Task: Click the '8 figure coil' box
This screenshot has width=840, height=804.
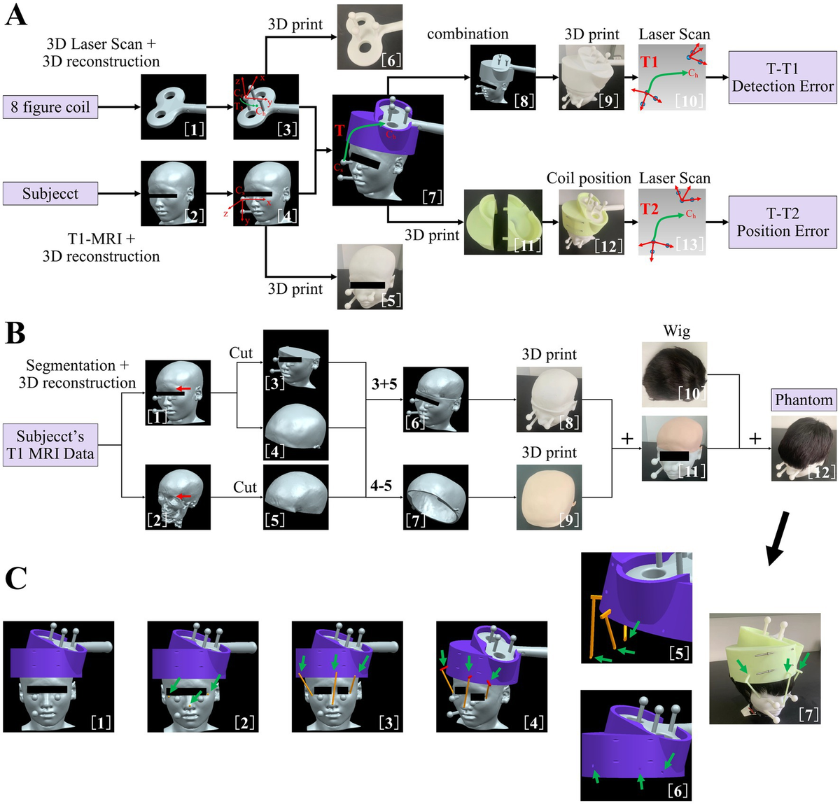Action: [50, 107]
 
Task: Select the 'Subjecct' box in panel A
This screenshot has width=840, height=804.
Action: [50, 194]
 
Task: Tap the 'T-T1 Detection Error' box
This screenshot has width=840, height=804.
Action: [783, 78]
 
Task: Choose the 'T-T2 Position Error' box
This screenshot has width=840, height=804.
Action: [783, 222]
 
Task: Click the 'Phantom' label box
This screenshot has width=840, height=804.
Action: [804, 400]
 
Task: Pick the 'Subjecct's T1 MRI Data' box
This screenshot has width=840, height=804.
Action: [50, 445]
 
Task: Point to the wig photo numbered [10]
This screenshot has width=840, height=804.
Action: [674, 374]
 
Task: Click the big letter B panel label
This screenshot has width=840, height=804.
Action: [15, 333]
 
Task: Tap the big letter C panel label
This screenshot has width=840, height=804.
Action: [16, 578]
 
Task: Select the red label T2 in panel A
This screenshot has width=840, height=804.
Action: [650, 209]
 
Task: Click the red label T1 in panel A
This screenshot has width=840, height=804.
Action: [650, 62]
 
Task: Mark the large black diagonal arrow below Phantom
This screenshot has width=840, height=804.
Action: [777, 537]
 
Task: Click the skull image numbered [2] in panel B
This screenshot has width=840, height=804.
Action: [177, 496]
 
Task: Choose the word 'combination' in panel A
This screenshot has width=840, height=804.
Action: [468, 34]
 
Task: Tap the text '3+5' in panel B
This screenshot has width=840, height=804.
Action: [384, 384]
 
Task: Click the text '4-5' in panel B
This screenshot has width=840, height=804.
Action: [381, 485]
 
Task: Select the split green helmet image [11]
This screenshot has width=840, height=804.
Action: [503, 222]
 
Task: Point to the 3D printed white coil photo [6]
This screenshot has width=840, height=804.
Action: [370, 36]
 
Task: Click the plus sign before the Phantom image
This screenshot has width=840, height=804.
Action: [755, 439]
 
